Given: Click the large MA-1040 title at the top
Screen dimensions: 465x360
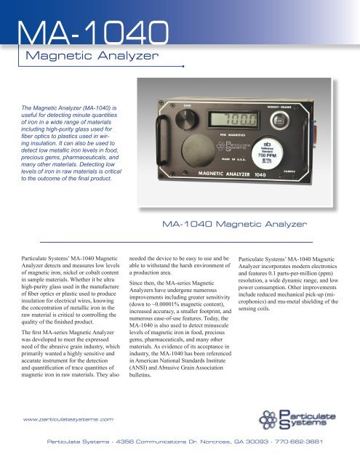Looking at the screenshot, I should tap(95, 33).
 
